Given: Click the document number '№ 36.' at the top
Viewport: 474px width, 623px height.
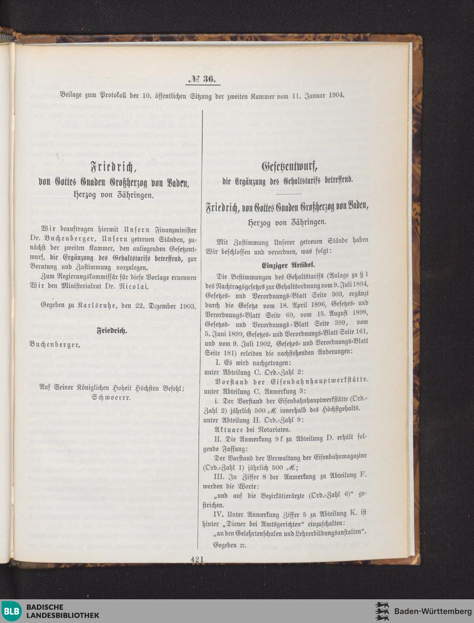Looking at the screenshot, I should (203, 80).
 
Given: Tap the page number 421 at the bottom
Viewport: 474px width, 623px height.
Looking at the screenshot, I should (197, 559).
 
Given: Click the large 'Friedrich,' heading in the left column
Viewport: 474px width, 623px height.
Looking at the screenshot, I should (114, 168).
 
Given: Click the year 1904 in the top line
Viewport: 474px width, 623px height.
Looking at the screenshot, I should (334, 95).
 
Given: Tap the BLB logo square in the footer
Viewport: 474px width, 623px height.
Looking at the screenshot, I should (12, 611).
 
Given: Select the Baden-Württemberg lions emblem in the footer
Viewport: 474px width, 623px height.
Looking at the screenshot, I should (382, 611).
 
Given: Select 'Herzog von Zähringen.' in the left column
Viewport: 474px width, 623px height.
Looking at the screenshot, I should (113, 194).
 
